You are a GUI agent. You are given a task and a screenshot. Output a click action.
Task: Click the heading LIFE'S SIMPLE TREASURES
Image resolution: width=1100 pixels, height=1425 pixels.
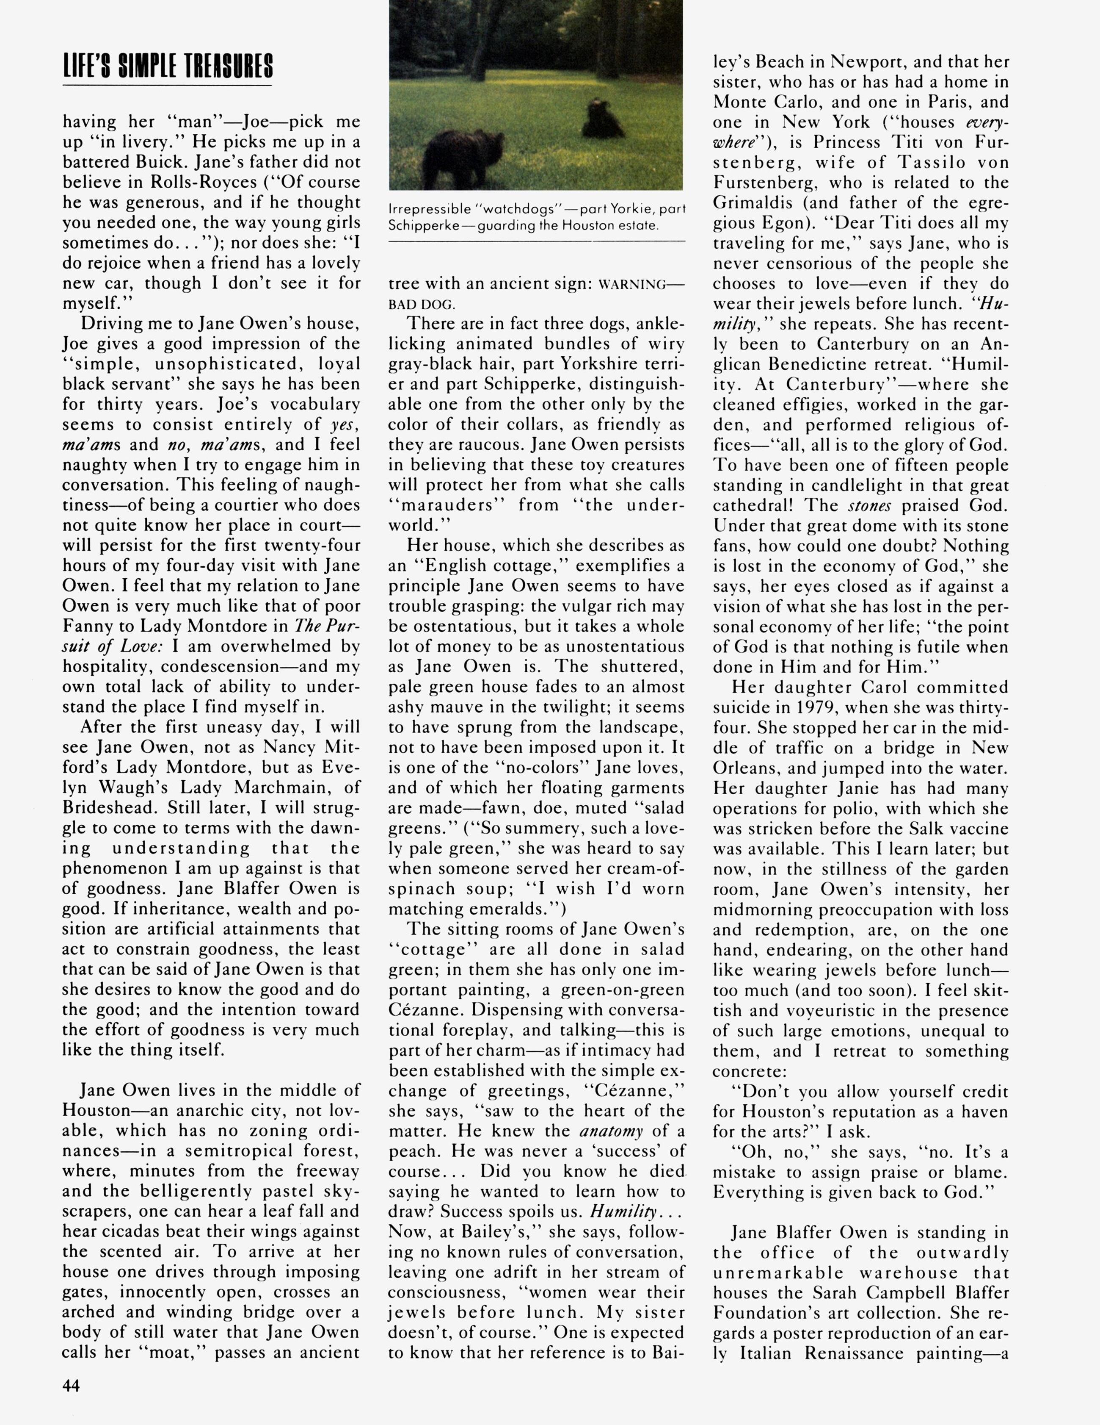pos(168,67)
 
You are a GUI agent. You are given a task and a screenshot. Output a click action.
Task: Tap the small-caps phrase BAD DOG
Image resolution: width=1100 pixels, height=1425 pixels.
pos(422,305)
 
